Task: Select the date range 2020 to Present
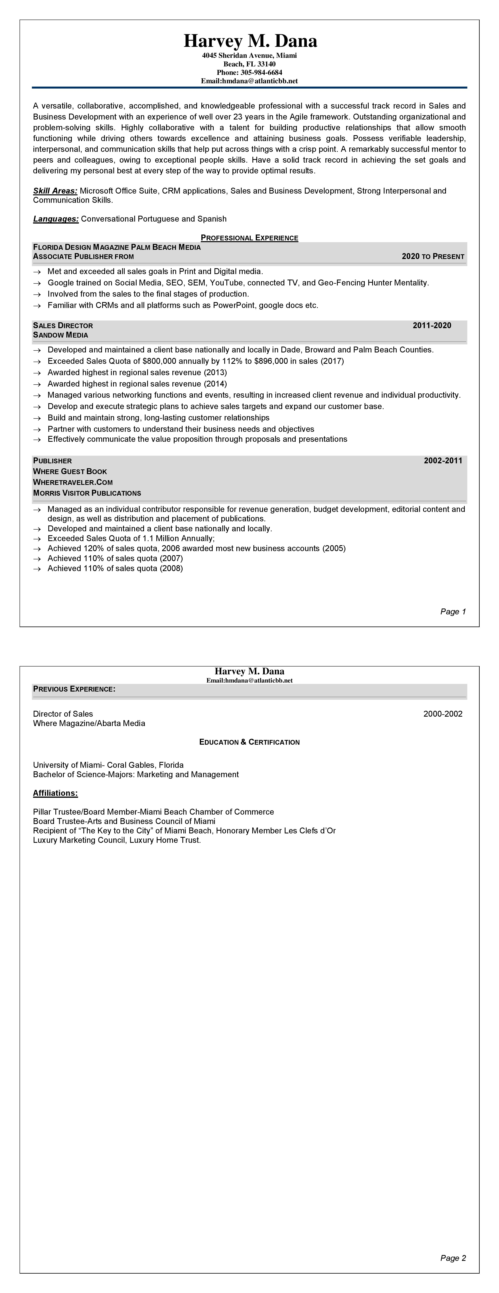[x=433, y=256]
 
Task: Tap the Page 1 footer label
[x=453, y=611]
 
